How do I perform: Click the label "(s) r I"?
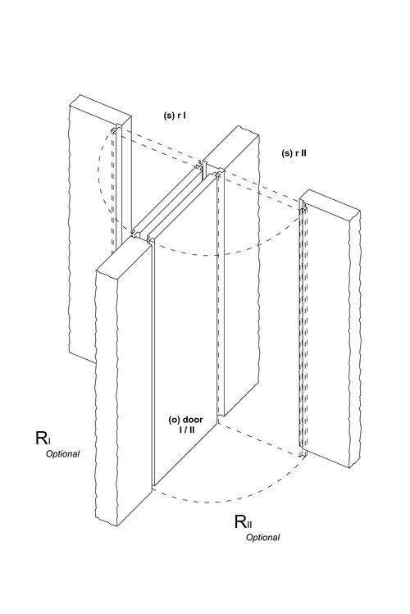tap(175, 116)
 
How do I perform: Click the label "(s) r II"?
tap(294, 153)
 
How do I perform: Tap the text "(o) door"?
tap(185, 420)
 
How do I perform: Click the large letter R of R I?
tap(42, 438)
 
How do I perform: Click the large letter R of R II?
tap(240, 521)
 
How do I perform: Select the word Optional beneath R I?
tap(62, 454)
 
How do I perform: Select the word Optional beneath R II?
tap(262, 537)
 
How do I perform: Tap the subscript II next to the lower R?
tap(249, 525)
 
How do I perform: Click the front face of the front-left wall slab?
tap(107, 395)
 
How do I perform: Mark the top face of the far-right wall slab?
tap(330, 202)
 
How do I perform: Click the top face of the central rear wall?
tap(231, 149)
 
